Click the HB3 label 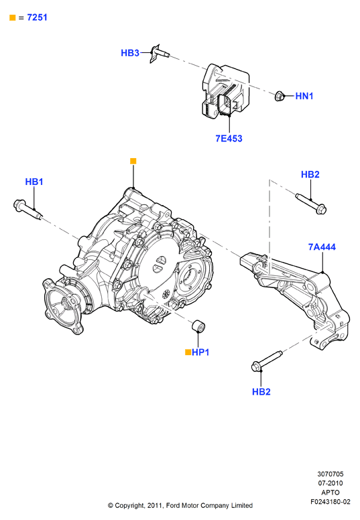[x=130, y=53]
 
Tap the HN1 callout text [x=304, y=96]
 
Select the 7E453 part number [x=229, y=138]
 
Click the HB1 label [x=34, y=182]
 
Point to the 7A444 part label [x=322, y=247]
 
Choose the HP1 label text [x=200, y=352]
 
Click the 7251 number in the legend [x=37, y=17]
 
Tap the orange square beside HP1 [x=188, y=352]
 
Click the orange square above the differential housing [x=133, y=161]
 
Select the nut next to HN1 [x=280, y=96]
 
